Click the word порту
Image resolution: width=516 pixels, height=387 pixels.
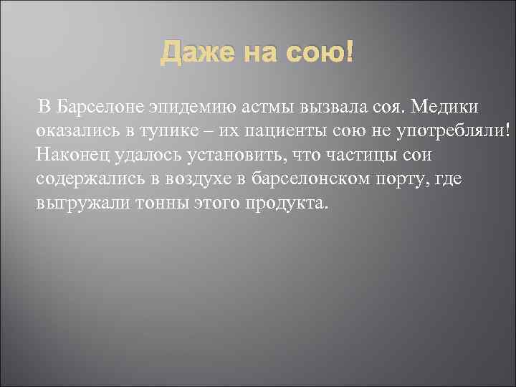(393, 179)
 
